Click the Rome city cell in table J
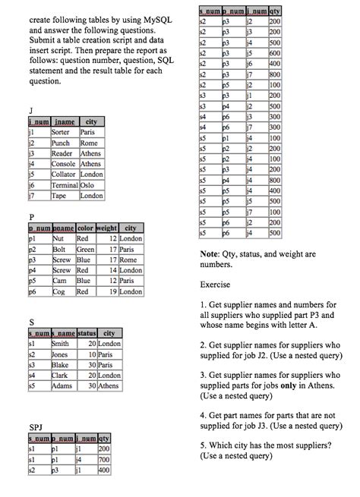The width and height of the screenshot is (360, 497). point(90,143)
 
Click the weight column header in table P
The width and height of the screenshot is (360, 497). point(107,228)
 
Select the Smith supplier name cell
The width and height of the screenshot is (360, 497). point(61,343)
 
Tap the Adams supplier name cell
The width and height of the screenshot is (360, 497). point(62,385)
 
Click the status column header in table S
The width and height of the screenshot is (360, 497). point(87,332)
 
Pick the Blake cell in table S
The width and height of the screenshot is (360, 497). point(61,364)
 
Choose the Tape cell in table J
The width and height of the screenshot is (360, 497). point(61,195)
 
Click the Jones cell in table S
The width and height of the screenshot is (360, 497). point(61,354)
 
